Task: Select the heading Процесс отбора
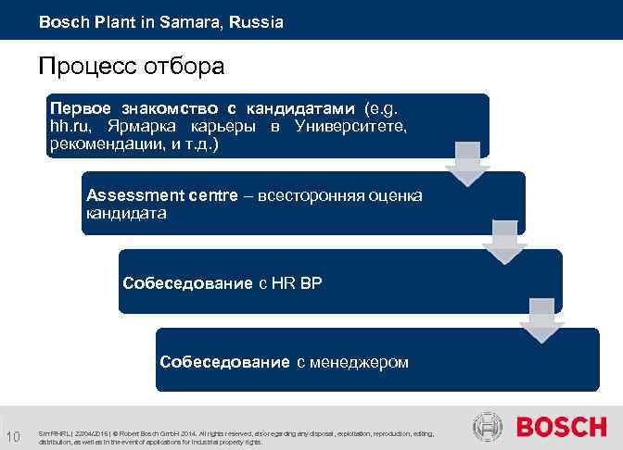point(131,68)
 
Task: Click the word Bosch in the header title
point(61,21)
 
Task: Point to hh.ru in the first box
point(70,125)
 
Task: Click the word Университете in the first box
point(350,125)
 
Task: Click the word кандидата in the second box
point(126,214)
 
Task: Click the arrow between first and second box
point(464,164)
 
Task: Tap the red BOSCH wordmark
point(561,428)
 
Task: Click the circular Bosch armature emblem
point(488,428)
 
